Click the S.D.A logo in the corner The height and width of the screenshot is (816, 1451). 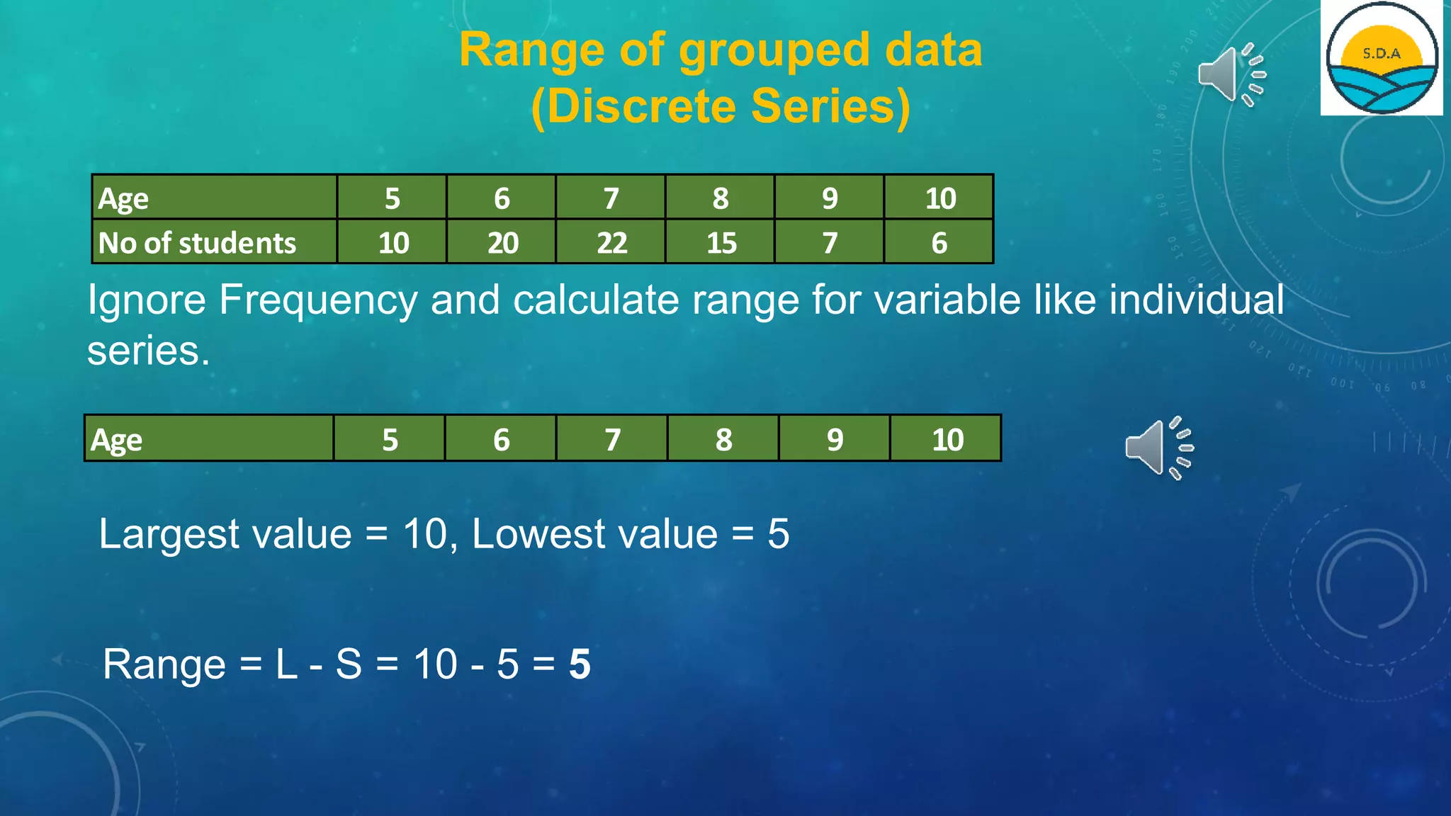pos(1382,58)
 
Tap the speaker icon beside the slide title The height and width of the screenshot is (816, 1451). pos(1230,74)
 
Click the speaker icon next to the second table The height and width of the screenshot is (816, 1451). pos(1158,448)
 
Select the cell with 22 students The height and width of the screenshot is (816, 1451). pos(611,243)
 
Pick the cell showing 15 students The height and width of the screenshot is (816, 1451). pos(721,243)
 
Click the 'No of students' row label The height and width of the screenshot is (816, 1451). pos(197,243)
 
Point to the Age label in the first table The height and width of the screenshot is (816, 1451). pos(123,199)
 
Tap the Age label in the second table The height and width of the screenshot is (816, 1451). pos(117,440)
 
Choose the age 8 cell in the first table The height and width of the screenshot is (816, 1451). pos(721,198)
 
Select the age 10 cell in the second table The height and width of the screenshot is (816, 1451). pos(947,440)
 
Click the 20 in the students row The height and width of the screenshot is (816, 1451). pos(502,243)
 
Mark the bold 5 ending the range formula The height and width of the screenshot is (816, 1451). pos(580,664)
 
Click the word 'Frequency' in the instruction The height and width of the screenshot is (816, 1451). pos(318,300)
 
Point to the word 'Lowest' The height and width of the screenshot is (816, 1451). pos(594,533)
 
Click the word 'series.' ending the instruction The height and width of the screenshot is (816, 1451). pos(148,351)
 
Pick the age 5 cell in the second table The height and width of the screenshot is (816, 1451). pos(390,440)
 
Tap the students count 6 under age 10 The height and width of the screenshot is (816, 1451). pos(939,243)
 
